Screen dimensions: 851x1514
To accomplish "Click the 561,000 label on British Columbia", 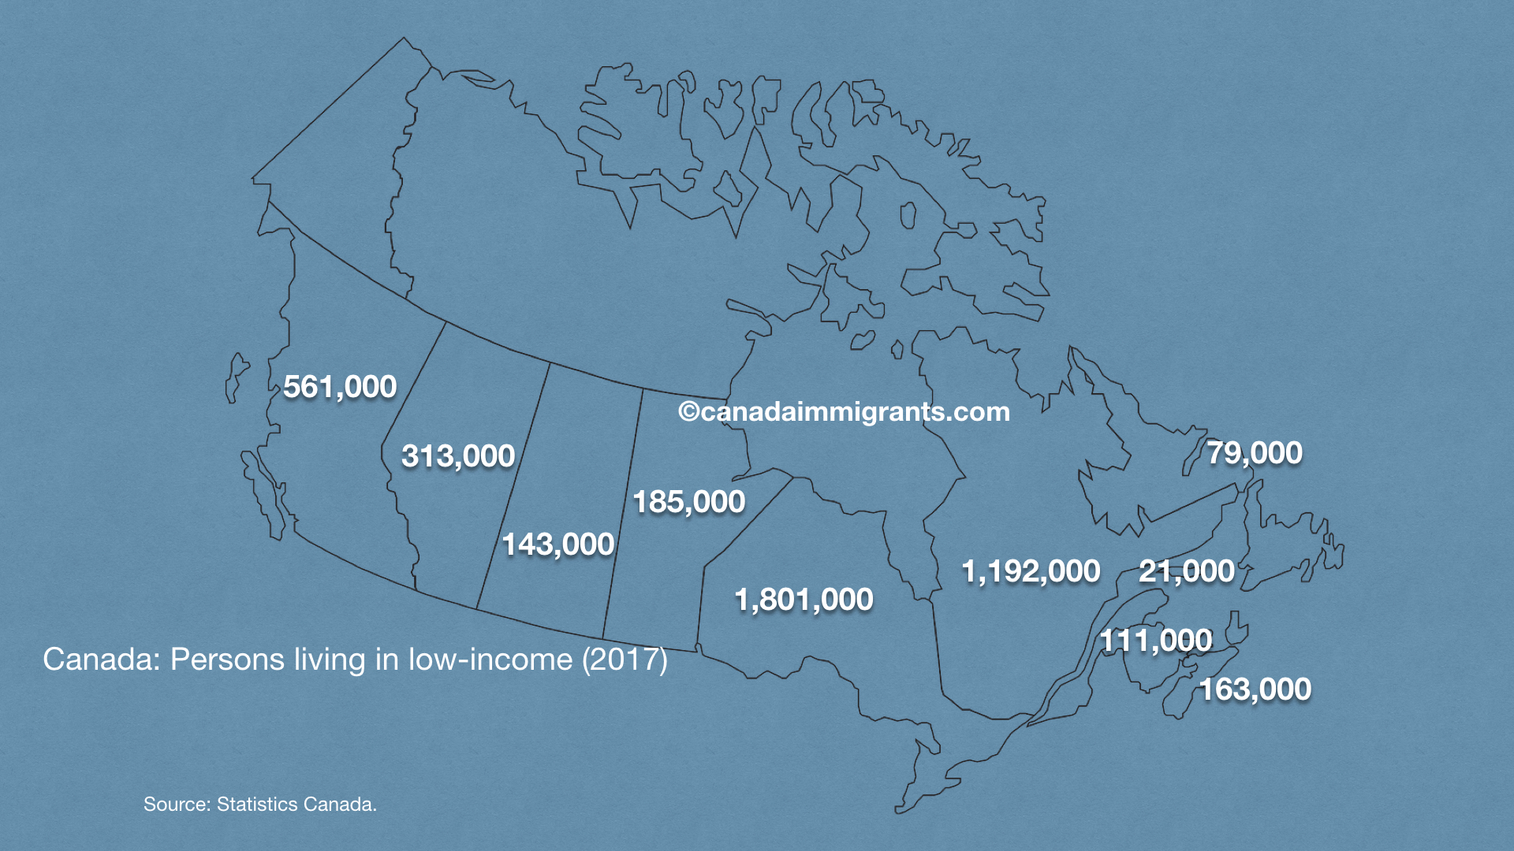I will point(340,387).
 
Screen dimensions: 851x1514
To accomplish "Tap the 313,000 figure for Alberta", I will point(458,456).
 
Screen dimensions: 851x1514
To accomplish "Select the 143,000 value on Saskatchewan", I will point(558,544).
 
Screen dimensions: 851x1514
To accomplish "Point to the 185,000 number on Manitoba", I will point(689,502).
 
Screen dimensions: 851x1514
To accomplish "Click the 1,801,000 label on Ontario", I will point(804,600).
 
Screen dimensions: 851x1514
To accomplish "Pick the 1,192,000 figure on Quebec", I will point(1031,571).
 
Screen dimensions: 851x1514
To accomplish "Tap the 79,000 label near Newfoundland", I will point(1255,453).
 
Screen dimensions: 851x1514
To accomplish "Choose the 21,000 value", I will point(1187,571).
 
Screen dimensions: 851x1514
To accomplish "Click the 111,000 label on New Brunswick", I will point(1156,641).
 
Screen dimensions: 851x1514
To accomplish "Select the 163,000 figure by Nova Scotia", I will point(1255,689).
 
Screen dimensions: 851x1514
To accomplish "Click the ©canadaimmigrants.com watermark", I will point(845,411).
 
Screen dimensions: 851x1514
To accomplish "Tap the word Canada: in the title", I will point(102,660).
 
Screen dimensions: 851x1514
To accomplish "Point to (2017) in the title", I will point(625,660).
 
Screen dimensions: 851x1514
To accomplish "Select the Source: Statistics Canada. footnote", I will point(260,805).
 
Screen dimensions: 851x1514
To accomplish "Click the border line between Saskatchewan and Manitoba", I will point(623,512).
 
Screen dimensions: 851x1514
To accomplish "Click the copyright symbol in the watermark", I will point(688,412).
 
